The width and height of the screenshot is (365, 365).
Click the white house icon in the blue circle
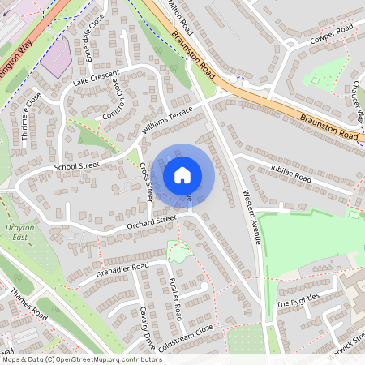[182, 174]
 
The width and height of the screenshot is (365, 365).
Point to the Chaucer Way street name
[358, 102]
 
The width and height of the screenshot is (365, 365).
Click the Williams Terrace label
[167, 119]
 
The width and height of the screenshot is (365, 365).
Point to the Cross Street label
[147, 182]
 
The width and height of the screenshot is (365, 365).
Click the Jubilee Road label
[291, 176]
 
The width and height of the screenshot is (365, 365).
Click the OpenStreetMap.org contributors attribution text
[109, 359]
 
